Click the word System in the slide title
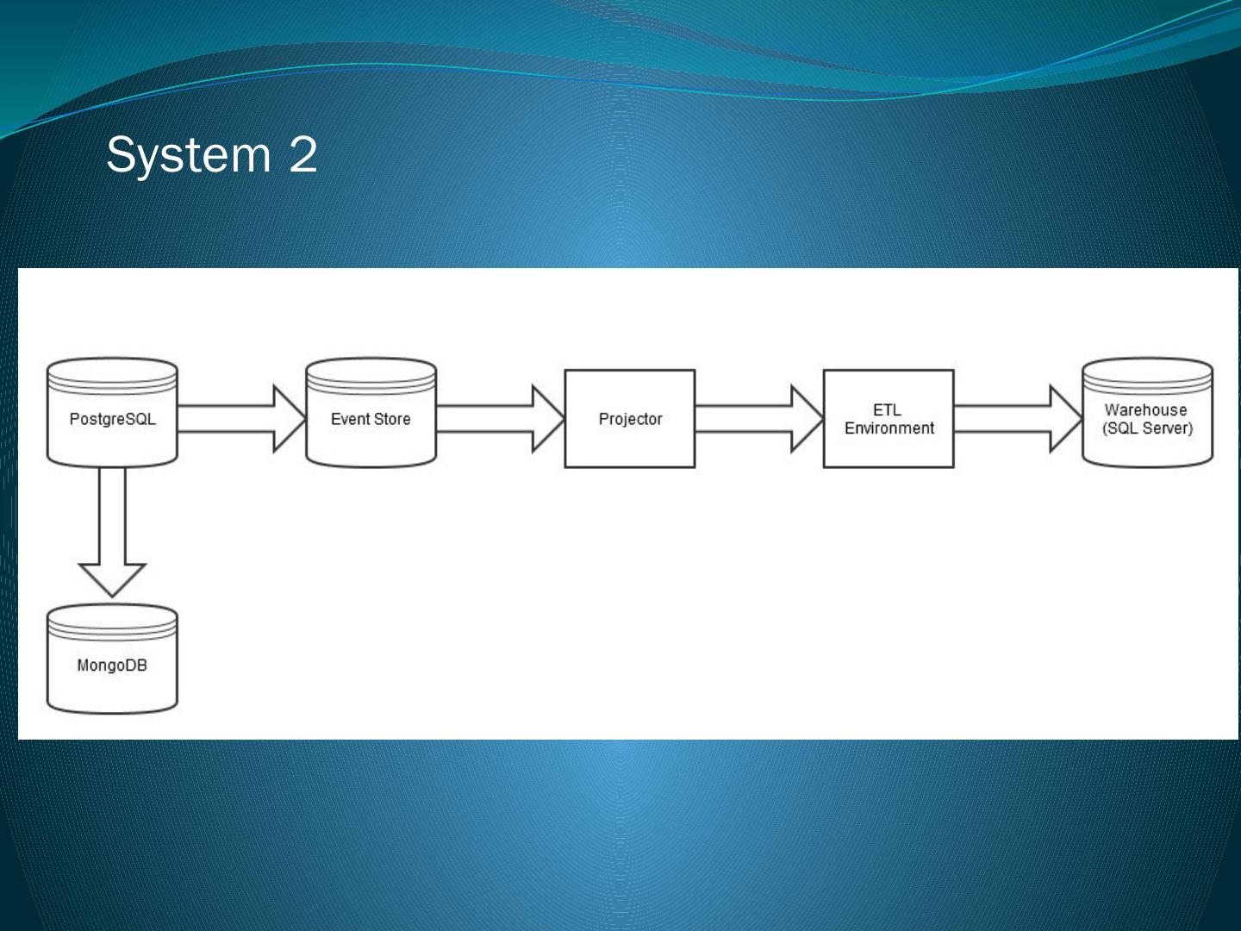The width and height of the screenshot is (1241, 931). [189, 155]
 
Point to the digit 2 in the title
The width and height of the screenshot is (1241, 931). [302, 155]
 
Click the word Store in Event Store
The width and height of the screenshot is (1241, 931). [392, 419]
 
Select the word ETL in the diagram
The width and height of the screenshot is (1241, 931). [887, 410]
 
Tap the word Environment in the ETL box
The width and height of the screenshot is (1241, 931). [889, 428]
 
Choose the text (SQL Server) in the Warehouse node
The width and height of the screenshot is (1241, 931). [1147, 428]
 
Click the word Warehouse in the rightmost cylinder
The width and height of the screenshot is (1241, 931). [1145, 410]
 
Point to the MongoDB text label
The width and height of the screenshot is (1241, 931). [112, 665]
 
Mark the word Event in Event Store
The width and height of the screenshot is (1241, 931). [350, 419]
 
